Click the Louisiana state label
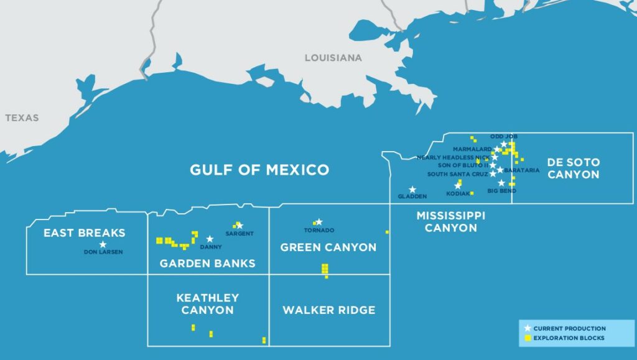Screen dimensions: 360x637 (333, 58)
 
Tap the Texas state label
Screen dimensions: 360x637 (22, 118)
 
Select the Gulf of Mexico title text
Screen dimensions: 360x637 (259, 169)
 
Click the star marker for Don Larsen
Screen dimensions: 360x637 (103, 244)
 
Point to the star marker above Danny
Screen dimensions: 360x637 (210, 239)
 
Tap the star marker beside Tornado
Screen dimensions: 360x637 (318, 222)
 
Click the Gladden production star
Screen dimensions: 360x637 (412, 190)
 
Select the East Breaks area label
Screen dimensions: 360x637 (84, 233)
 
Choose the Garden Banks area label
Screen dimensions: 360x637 (207, 263)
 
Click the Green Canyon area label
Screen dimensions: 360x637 (328, 247)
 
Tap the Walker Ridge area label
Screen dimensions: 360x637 (328, 310)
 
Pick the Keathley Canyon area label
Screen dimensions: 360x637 (207, 303)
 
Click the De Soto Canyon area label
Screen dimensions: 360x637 (573, 168)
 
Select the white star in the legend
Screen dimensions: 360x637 (528, 328)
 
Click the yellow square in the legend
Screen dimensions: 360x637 (528, 338)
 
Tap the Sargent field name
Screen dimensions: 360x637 (239, 233)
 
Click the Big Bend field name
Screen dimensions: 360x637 (501, 191)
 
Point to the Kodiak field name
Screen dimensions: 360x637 (457, 193)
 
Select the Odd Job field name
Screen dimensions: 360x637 (504, 136)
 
